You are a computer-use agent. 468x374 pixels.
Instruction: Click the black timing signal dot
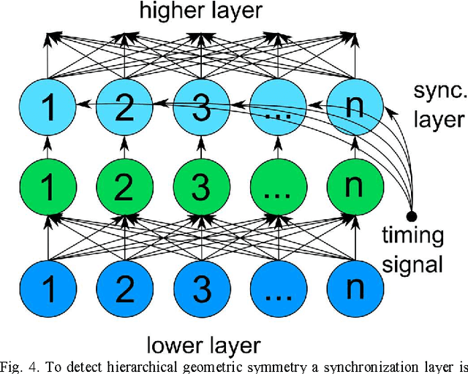coord(412,216)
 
